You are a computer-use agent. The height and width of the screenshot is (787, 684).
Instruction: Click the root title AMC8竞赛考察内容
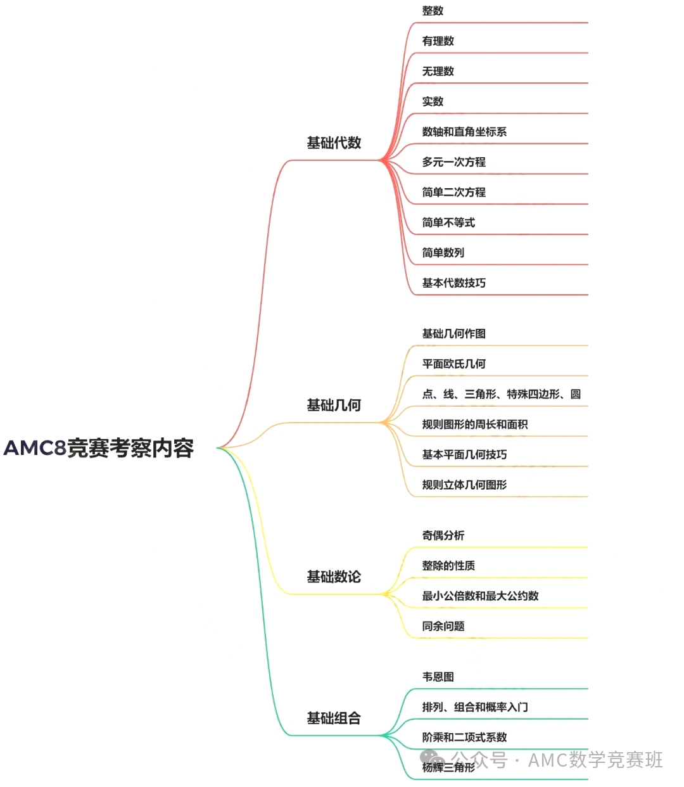tap(98, 448)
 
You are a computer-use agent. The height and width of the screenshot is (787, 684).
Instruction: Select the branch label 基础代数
tap(334, 143)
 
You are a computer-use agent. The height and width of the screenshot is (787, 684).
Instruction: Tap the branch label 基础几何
tap(334, 405)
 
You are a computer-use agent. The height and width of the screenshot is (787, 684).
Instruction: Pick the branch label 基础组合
tap(334, 718)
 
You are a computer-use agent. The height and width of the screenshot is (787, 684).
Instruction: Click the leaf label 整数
tap(433, 11)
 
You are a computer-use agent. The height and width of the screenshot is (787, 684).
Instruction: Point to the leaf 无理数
tap(438, 71)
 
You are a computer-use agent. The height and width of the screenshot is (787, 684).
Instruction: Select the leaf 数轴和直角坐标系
tap(464, 132)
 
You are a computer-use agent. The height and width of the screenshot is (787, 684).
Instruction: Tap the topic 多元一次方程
tap(453, 162)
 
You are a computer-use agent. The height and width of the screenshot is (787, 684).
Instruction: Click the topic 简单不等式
tap(448, 222)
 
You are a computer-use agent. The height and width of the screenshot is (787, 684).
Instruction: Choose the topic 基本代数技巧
tap(453, 283)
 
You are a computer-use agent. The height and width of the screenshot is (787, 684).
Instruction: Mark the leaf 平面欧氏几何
tap(453, 364)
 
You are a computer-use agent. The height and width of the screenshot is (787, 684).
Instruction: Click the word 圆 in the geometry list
tap(575, 394)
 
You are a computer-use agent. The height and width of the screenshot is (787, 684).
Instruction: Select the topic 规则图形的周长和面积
tap(475, 425)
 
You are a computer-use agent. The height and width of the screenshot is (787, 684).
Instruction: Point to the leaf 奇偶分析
tap(443, 535)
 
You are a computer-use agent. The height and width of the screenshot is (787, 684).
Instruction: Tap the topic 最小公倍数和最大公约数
tap(480, 596)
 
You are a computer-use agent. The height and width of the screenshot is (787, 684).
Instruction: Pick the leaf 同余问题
tap(443, 626)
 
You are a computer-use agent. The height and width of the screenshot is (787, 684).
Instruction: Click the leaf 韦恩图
tap(438, 677)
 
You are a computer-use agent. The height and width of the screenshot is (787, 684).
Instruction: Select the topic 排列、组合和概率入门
tap(475, 707)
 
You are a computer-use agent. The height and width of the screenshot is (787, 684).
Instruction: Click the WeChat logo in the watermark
tap(432, 758)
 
